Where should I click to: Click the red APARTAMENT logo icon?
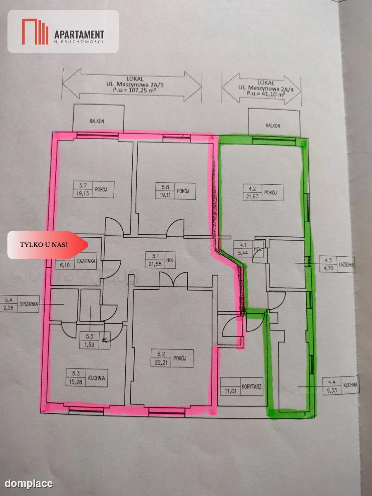tap(35, 32)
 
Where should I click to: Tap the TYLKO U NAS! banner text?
tap(43, 245)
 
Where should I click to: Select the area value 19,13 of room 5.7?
tap(82, 193)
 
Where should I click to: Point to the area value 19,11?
tap(165, 195)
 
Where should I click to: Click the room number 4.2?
tap(252, 188)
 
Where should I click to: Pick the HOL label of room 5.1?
tap(170, 260)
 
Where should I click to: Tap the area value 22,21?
tap(161, 362)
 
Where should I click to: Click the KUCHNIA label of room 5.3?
tap(96, 378)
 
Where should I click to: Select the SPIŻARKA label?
tap(29, 304)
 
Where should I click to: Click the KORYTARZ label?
tap(251, 386)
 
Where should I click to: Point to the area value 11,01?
tap(230, 391)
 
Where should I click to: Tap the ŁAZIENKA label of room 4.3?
tap(346, 265)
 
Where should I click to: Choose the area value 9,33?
tap(332, 390)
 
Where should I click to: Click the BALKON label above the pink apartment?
tap(97, 122)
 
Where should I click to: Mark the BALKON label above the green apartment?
tap(273, 126)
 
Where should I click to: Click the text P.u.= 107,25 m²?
tap(135, 91)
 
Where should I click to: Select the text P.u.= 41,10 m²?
tap(266, 94)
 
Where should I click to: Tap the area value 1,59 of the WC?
tap(89, 345)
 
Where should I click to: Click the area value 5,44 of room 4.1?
tap(243, 253)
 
